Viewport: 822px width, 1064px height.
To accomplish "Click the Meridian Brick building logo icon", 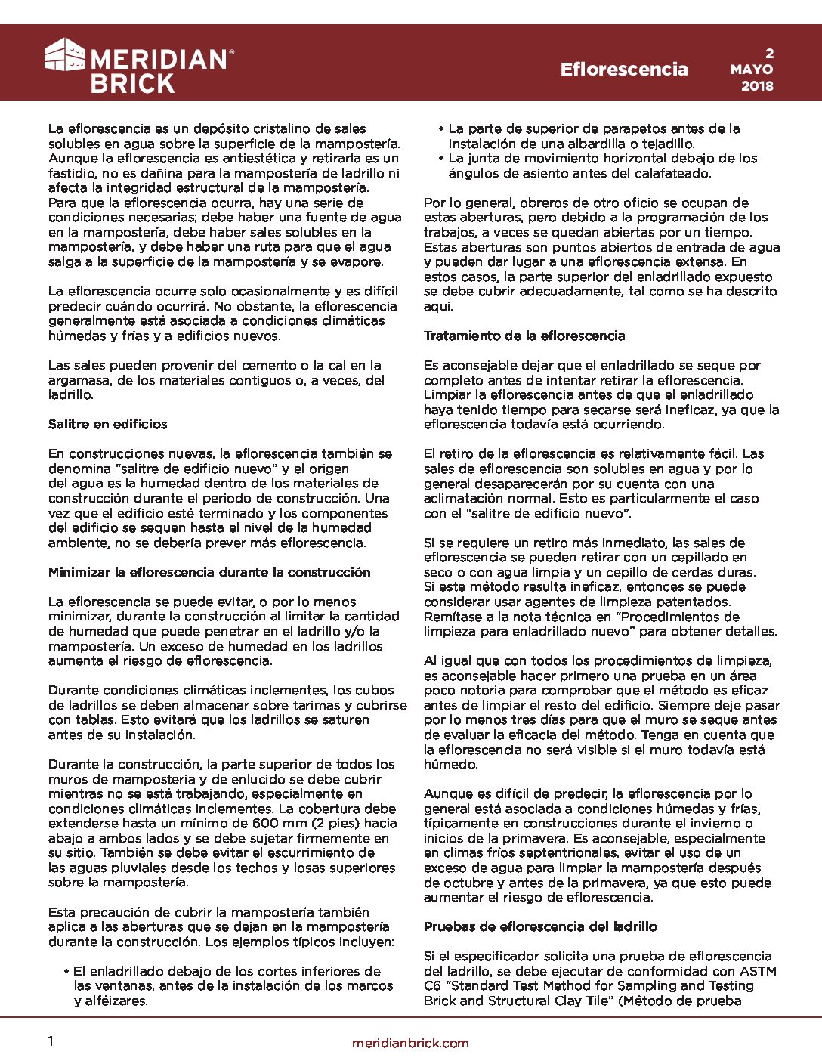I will pos(65,54).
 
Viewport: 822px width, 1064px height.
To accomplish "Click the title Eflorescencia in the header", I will pos(624,70).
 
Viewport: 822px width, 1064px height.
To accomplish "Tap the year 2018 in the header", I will pos(757,86).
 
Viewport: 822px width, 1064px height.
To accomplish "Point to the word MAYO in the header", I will pos(752,69).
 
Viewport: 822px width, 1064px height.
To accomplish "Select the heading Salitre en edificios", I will pos(107,424).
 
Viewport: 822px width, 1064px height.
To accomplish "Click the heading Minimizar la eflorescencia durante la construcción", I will pos(209,572).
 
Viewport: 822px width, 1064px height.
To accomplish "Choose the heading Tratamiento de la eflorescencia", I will pos(524,336).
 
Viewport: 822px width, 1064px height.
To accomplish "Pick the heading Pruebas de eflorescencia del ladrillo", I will pos(540,926).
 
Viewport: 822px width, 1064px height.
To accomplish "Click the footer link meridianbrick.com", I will pos(410,1043).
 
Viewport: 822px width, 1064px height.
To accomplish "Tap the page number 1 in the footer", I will pos(51,1041).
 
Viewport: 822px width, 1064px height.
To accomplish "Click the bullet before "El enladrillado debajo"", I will pos(67,971).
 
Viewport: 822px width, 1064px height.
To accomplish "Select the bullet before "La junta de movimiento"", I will pos(441,159).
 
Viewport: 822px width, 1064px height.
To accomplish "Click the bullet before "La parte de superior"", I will pos(441,129).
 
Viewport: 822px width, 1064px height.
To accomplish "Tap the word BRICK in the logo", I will pos(132,83).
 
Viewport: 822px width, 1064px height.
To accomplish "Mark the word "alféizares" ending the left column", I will pos(119,1001).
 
